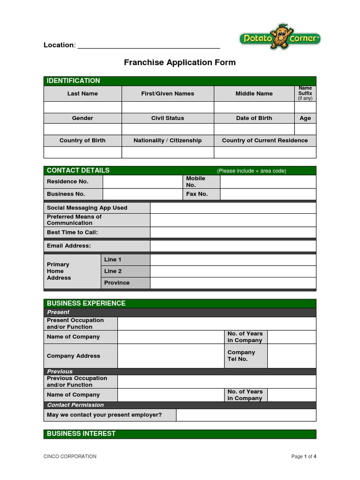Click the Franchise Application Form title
click(180, 62)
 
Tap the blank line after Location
click(149, 45)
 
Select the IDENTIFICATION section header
click(73, 81)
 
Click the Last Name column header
click(82, 94)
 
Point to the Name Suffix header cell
click(305, 93)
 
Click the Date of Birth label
click(254, 118)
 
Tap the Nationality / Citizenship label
click(168, 141)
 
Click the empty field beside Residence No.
click(142, 181)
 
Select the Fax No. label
click(197, 194)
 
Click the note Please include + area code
click(251, 171)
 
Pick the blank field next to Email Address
click(233, 246)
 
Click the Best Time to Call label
click(72, 232)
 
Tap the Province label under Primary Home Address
click(117, 283)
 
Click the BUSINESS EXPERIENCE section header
click(86, 303)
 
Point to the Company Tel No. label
click(241, 356)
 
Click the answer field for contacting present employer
click(246, 415)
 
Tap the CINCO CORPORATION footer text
click(70, 457)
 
